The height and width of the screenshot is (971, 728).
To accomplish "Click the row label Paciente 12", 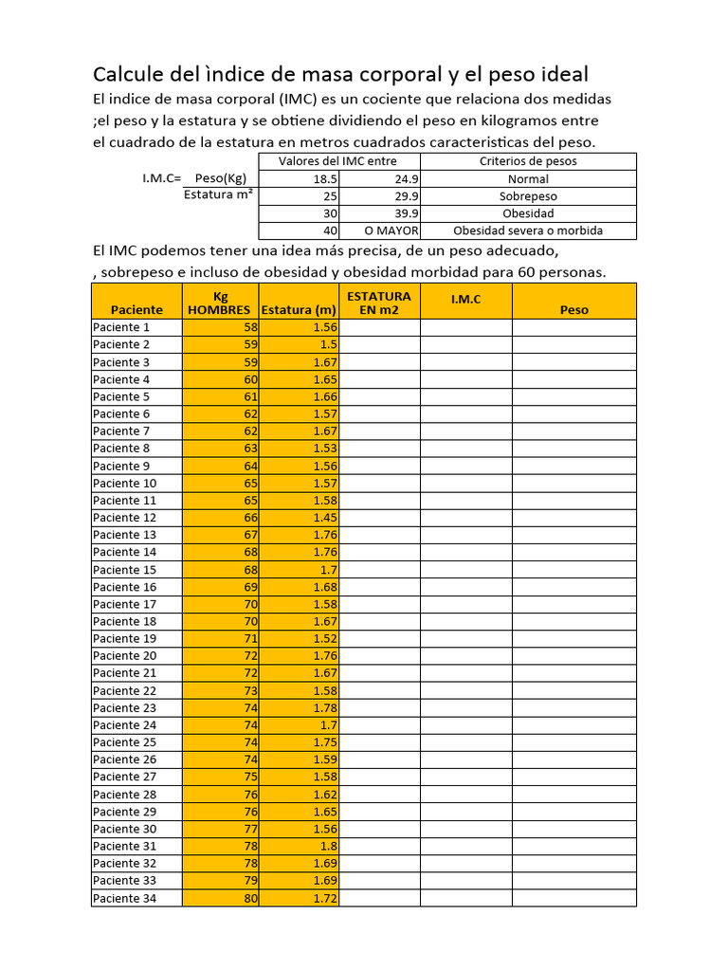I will point(124,518).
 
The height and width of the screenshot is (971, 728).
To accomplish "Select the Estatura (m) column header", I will point(299,309).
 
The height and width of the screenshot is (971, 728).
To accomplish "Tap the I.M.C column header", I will point(465,299).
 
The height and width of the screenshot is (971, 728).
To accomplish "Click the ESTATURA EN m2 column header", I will point(379,302).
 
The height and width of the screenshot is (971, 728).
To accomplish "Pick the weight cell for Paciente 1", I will point(219,327).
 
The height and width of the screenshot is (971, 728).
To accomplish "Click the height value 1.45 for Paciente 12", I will point(299,518).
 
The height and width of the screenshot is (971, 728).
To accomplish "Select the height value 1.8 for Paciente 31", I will point(299,846).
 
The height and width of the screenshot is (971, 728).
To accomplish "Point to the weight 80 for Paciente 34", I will point(219,898).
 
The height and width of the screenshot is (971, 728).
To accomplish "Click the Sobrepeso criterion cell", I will point(528,196).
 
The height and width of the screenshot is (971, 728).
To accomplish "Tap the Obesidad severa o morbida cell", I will point(528,230).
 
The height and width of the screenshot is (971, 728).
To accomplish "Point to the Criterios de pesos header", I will point(528,161).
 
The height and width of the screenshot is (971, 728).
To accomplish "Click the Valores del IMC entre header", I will point(339,161).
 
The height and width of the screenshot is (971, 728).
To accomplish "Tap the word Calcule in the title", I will point(128,74).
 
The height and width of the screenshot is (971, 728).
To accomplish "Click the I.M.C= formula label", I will point(155,178).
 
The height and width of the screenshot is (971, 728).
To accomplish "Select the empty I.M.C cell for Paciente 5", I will point(465,396).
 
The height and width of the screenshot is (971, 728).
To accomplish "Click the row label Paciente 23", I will point(124,707).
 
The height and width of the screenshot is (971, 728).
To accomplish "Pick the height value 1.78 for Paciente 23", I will point(299,707).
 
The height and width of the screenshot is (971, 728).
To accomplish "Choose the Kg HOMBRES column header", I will point(219,302).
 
